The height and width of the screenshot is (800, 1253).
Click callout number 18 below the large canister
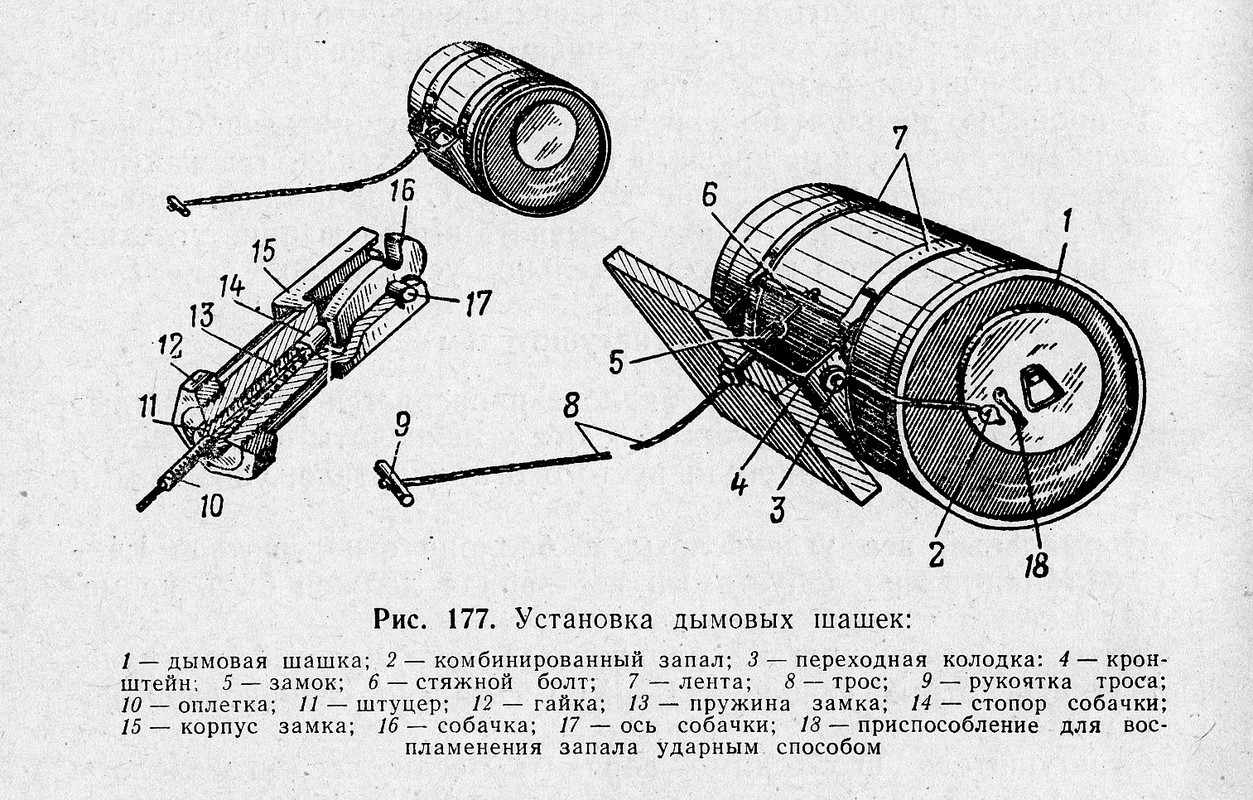pos(1035,565)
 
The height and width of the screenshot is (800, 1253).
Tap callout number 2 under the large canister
pos(935,553)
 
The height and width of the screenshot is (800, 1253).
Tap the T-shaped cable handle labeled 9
pos(393,481)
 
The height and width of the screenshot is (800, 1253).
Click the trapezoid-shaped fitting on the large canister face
pos(1039,387)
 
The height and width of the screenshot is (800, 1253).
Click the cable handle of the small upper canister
pos(179,205)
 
